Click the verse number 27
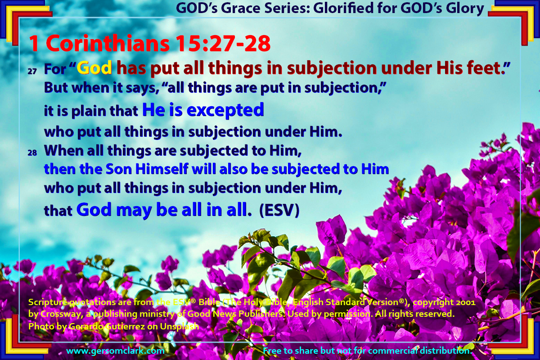click(x=32, y=72)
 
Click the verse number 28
click(x=32, y=153)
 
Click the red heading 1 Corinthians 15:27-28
click(x=149, y=43)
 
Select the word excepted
click(x=225, y=110)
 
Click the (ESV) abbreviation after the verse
click(x=279, y=210)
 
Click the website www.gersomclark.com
click(x=115, y=351)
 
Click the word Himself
click(x=162, y=169)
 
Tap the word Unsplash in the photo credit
click(x=180, y=327)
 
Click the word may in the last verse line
click(x=134, y=210)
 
